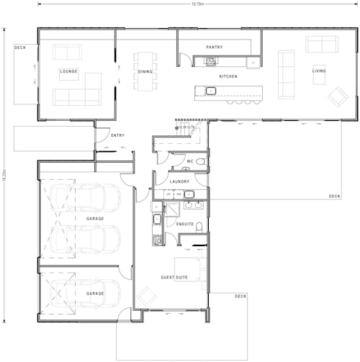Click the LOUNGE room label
pyautogui.click(x=69, y=71)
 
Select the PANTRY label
pyautogui.click(x=214, y=47)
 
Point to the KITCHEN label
pyautogui.click(x=228, y=76)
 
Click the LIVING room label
pyautogui.click(x=318, y=71)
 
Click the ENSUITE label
pyautogui.click(x=185, y=224)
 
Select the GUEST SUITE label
pyautogui.click(x=174, y=276)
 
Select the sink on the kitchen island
pyautogui.click(x=211, y=91)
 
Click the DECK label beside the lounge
pyautogui.click(x=21, y=48)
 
